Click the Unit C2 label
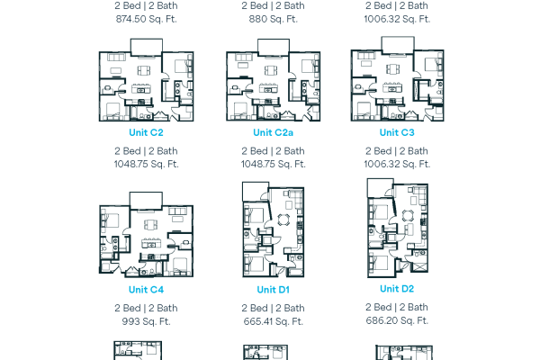pyautogui.click(x=146, y=132)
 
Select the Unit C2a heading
pyautogui.click(x=273, y=132)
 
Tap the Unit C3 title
pyautogui.click(x=397, y=132)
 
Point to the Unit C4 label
pyautogui.click(x=146, y=290)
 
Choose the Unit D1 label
pyautogui.click(x=273, y=290)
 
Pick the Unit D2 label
pyautogui.click(x=397, y=289)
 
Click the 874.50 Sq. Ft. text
pyautogui.click(x=147, y=19)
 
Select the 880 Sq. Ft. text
pyautogui.click(x=273, y=19)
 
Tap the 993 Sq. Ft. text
pyautogui.click(x=147, y=321)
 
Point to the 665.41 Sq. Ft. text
pyautogui.click(x=273, y=321)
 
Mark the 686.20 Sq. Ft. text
pyautogui.click(x=397, y=320)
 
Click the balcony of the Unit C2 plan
pyautogui.click(x=147, y=47)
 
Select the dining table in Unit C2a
pyautogui.click(x=272, y=70)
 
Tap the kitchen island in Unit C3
pyautogui.click(x=391, y=88)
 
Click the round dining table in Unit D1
pyautogui.click(x=283, y=220)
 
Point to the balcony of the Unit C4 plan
pyautogui.click(x=146, y=201)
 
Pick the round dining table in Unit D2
pyautogui.click(x=408, y=215)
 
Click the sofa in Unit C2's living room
pyautogui.click(x=117, y=57)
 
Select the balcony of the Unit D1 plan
pyautogui.click(x=256, y=192)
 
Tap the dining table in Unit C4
pyautogui.click(x=150, y=225)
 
